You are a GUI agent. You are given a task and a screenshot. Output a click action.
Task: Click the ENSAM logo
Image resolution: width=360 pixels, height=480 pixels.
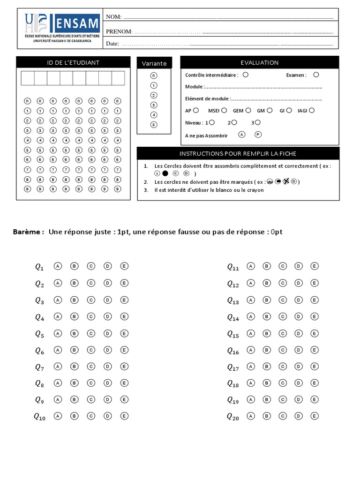coord(62,28)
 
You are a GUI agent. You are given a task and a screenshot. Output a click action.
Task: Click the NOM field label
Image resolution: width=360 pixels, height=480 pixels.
coord(113,17)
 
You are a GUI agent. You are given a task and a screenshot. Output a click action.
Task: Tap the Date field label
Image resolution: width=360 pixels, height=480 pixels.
coord(112,44)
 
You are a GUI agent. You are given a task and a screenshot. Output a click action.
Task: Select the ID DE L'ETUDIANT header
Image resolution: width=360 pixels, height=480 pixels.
coord(73,62)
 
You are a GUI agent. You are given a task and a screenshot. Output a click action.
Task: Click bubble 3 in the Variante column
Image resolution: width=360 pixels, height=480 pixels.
coord(154,105)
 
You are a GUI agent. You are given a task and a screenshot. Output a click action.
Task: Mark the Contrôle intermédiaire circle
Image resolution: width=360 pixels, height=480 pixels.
coord(246,74)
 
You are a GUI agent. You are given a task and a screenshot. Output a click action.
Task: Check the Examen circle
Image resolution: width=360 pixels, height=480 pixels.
coord(316,74)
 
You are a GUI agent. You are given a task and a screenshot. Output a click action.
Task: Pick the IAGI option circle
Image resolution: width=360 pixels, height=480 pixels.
coord(312,110)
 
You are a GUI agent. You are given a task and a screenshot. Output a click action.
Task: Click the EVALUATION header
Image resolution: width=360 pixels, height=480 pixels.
coord(259,62)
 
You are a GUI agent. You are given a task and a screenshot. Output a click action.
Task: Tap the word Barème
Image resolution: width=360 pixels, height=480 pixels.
coord(28,232)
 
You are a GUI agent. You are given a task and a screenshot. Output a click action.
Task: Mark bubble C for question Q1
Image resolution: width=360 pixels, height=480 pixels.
coord(91,266)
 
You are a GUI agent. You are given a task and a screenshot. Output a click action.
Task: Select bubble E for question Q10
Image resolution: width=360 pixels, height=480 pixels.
coord(124,416)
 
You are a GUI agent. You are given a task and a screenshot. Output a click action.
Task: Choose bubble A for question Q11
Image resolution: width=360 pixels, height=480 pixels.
coord(251,266)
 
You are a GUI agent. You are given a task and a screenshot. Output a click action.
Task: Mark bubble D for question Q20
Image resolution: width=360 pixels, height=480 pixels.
coord(299,416)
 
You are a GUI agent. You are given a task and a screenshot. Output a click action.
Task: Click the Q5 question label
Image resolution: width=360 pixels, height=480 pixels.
coord(39,334)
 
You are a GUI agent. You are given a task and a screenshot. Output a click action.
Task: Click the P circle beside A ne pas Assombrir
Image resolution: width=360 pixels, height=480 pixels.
coord(258,135)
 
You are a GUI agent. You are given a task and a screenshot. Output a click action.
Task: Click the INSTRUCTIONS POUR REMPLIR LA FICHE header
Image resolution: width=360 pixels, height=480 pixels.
coord(238,154)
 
